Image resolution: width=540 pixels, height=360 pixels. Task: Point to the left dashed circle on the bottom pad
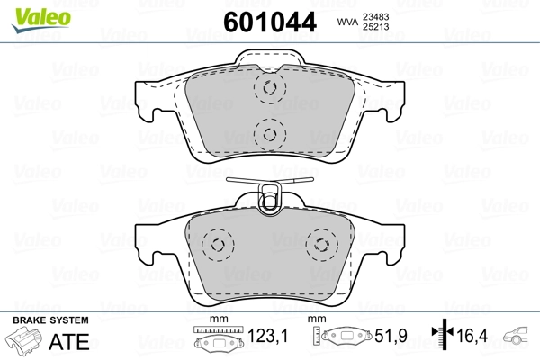216,244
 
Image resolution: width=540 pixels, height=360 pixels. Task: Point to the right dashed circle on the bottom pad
320,244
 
